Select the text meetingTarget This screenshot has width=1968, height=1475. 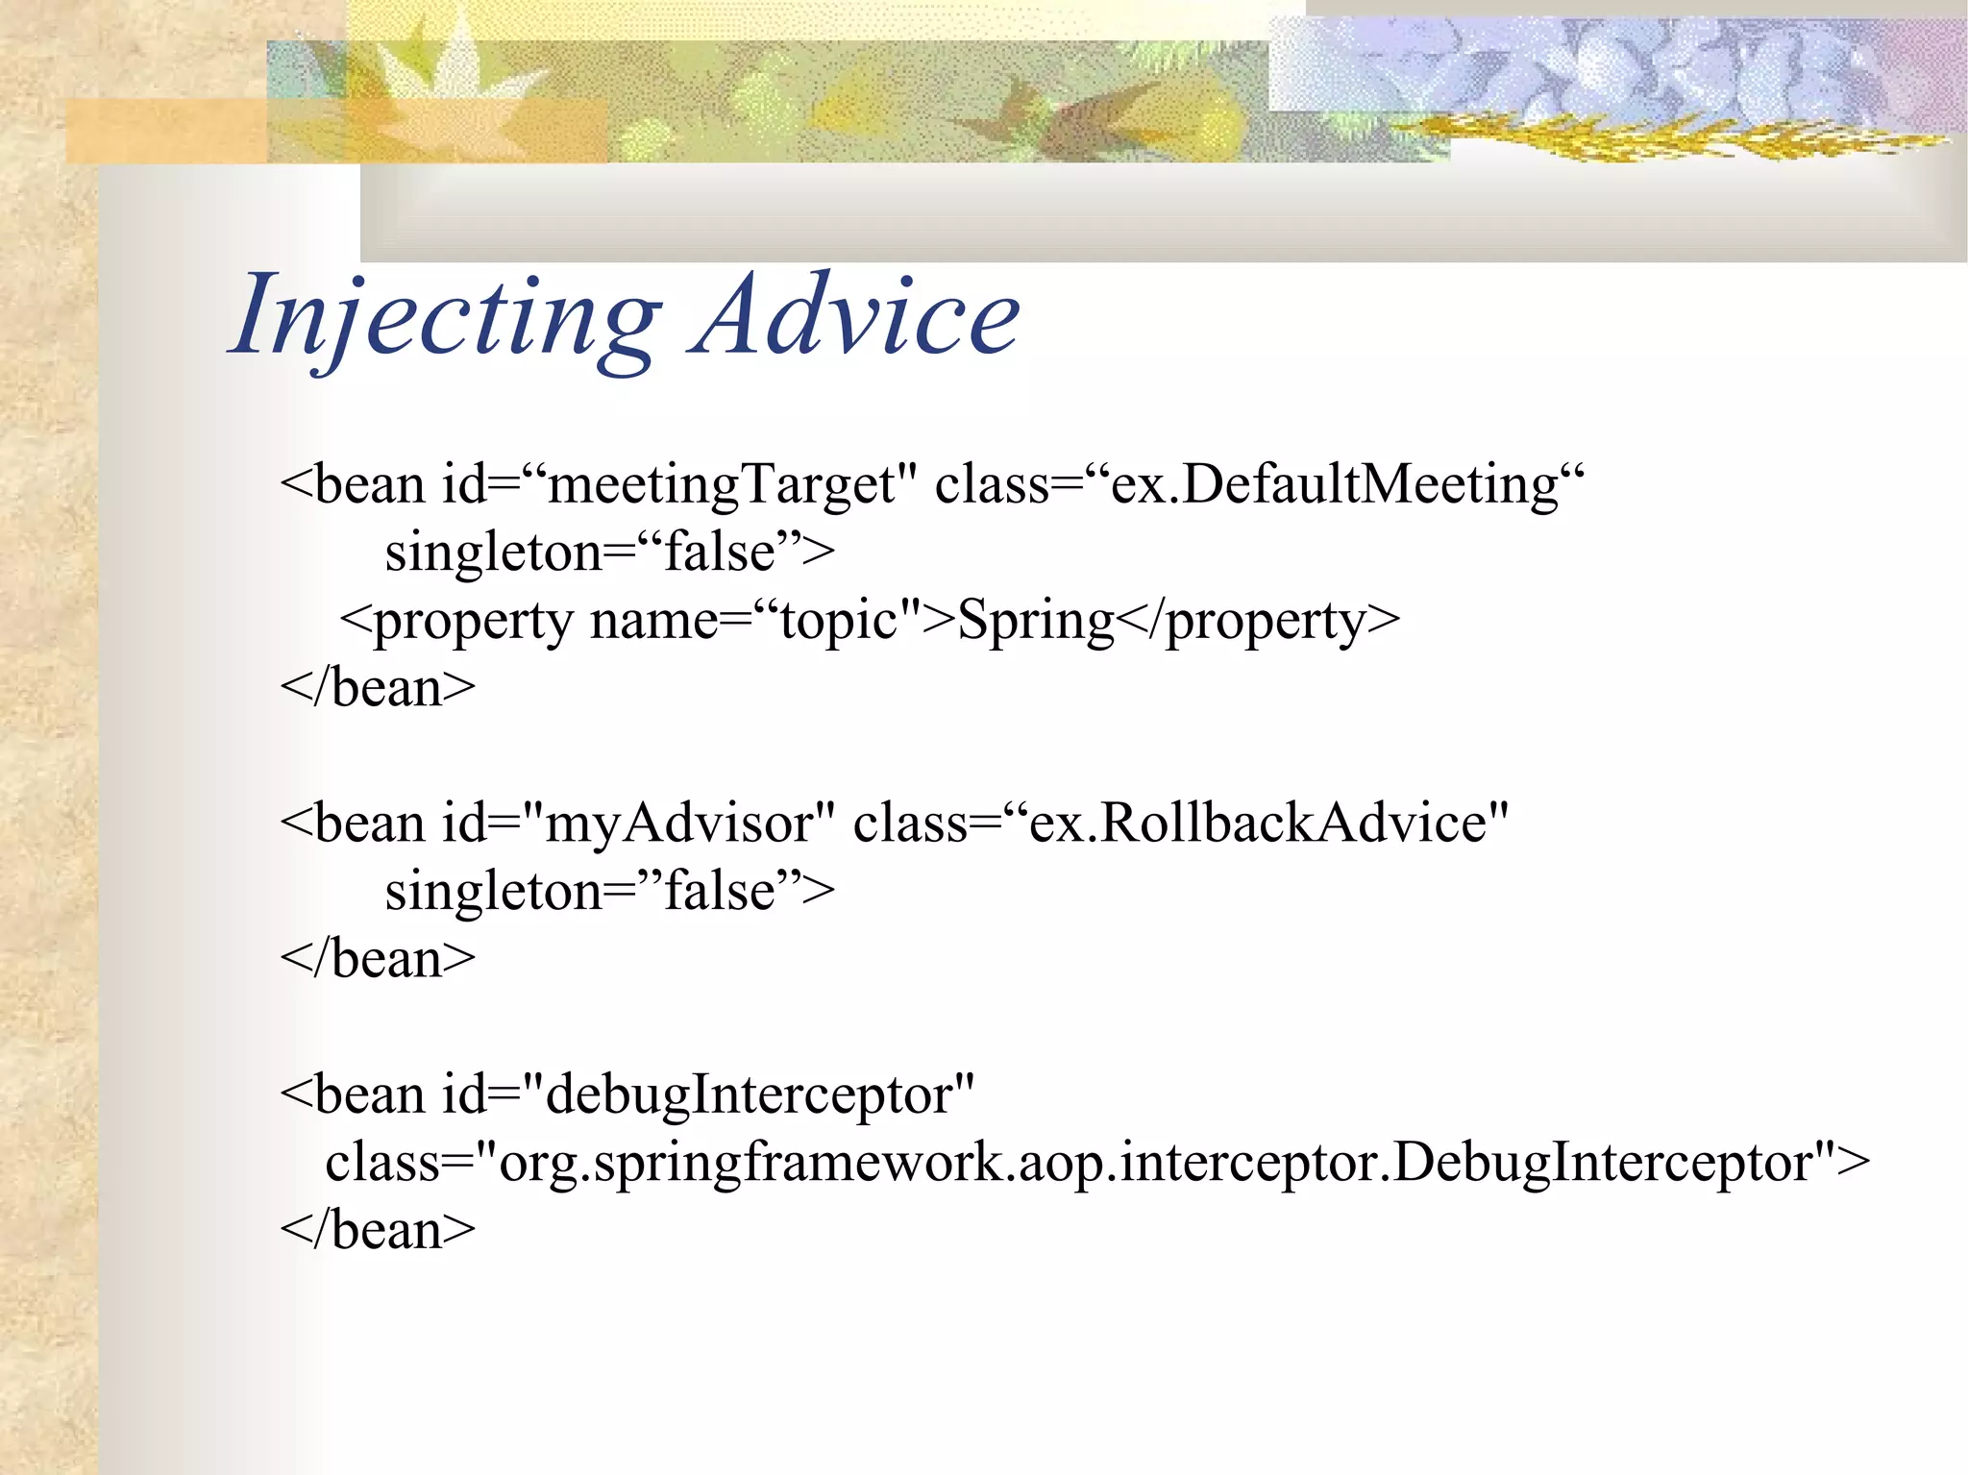(x=721, y=485)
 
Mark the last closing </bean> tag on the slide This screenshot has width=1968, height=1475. (x=378, y=1231)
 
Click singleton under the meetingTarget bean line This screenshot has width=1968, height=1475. (x=494, y=553)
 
